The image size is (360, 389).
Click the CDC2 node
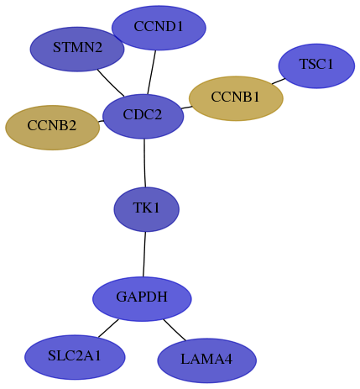pos(143,116)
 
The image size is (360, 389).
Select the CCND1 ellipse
pos(159,28)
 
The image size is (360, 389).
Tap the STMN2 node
pos(77,49)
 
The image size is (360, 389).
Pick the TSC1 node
pos(316,66)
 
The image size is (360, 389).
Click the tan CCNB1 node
pos(236,98)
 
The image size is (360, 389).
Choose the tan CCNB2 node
pos(52,128)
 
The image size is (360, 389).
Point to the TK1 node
pos(146,209)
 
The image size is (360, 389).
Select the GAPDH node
pos(142,299)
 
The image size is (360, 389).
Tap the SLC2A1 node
pos(75,357)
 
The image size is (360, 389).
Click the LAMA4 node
pos(206,360)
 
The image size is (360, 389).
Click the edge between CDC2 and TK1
pos(144,163)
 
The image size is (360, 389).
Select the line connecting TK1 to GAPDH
pos(144,255)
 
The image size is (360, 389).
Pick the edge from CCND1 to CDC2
pos(152,72)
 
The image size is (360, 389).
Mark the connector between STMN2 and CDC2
pos(111,83)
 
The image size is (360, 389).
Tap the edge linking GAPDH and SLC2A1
pos(108,328)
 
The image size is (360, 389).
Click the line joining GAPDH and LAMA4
pos(175,330)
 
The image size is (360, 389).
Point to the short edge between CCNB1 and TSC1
pos(279,81)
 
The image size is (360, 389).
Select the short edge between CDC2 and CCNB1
pos(186,108)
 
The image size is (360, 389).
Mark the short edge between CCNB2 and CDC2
pos(101,121)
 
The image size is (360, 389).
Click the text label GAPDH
pos(142,297)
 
